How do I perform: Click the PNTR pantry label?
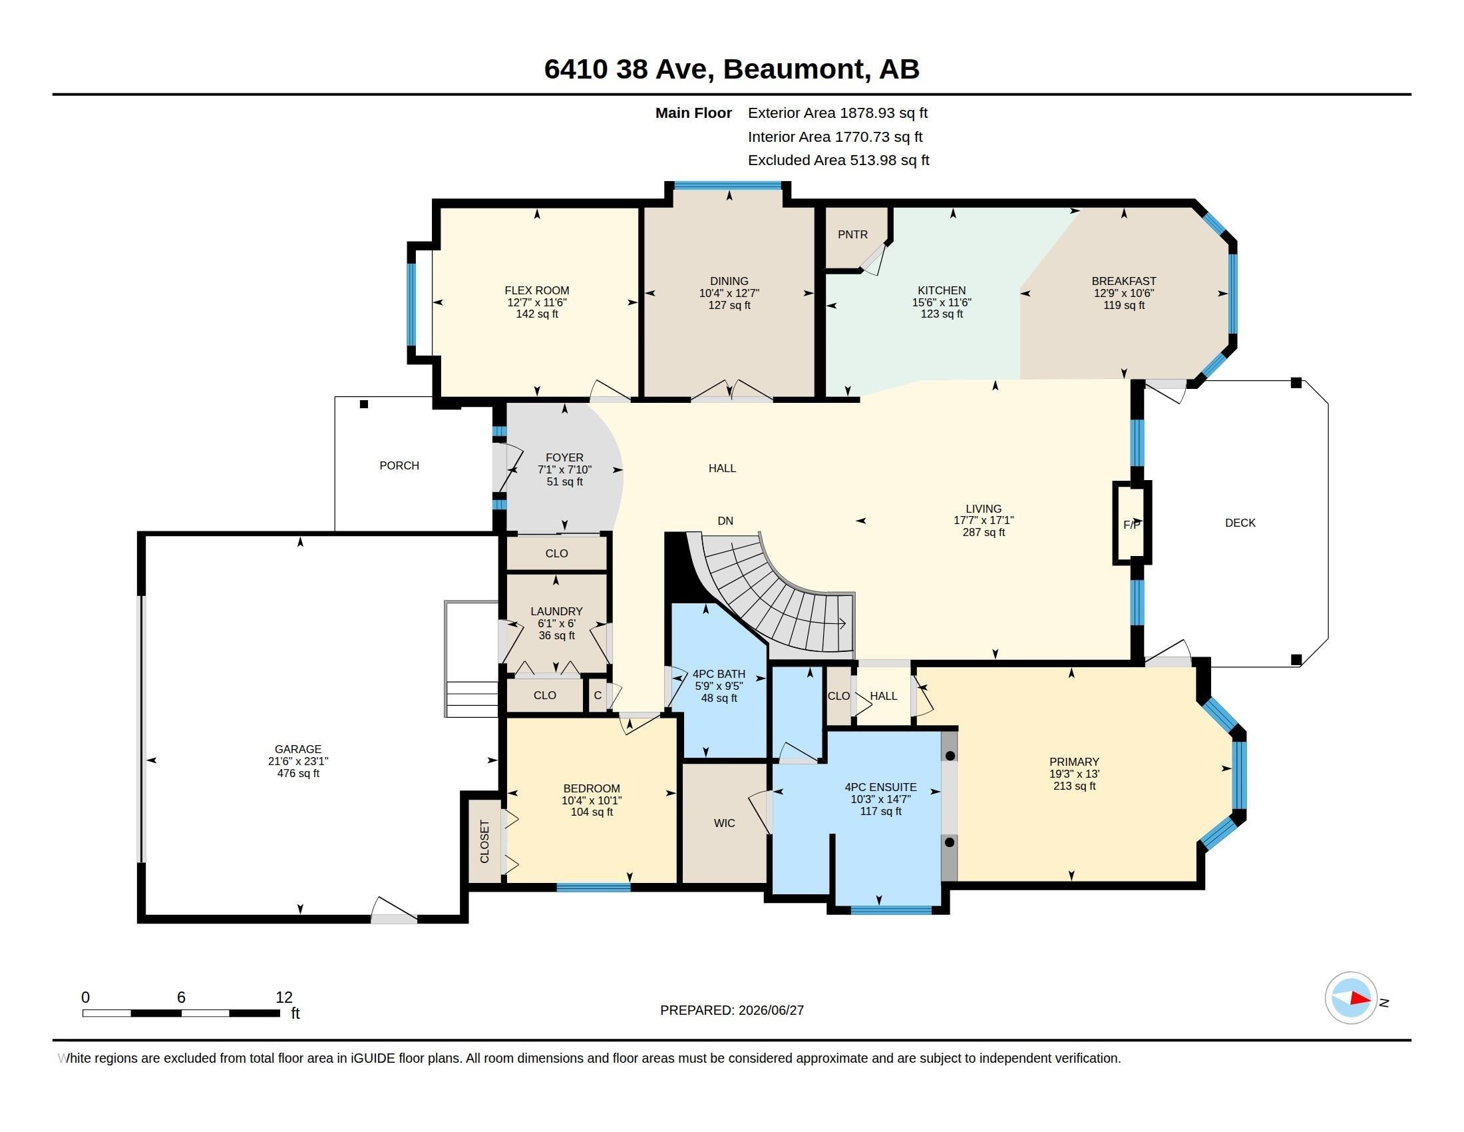852,234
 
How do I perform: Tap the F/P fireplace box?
1132,523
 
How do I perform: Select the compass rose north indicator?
1351,998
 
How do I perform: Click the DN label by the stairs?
725,521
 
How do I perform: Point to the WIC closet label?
725,823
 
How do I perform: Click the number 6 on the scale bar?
181,997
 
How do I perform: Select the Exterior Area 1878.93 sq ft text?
838,113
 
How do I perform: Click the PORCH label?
399,465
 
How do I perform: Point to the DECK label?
1240,523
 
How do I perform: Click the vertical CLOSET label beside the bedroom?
484,842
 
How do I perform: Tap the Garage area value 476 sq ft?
298,773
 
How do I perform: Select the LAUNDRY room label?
556,611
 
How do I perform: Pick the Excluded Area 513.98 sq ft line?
838,160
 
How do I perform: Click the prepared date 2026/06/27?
771,1010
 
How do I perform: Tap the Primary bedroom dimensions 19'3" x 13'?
1075,774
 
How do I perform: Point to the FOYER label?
564,457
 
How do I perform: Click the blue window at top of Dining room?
728,186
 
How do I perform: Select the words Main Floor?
694,113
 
